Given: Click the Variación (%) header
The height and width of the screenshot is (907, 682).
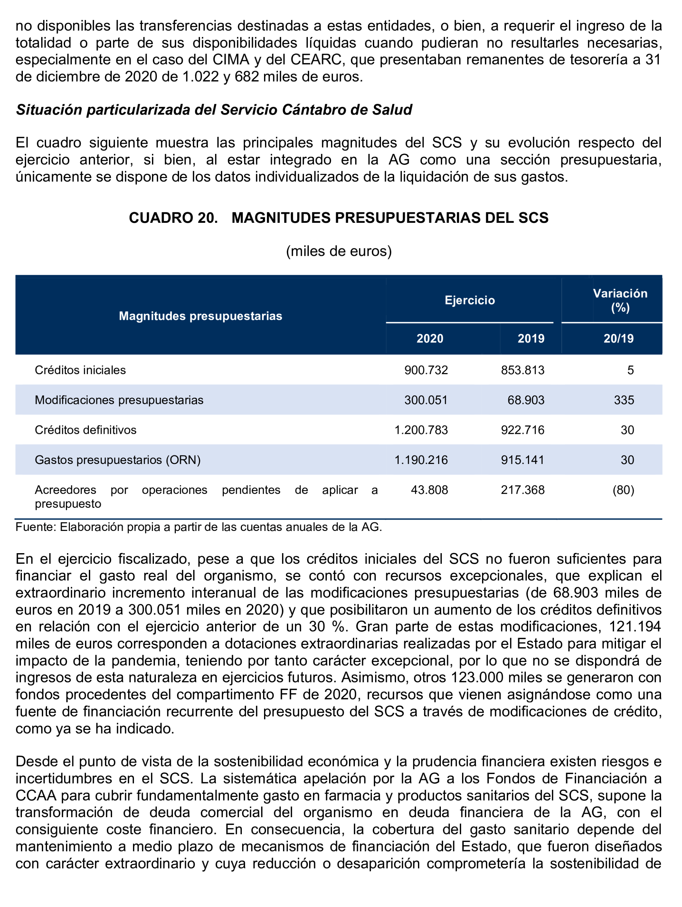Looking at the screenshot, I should click(x=620, y=300).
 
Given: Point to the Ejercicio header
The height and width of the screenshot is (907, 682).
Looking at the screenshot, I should click(x=470, y=300).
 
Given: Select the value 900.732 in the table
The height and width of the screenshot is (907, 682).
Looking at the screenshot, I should click(x=426, y=370).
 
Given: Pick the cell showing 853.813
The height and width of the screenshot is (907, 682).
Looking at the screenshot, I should click(x=523, y=370).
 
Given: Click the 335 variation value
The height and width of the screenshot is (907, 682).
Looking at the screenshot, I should click(x=624, y=400).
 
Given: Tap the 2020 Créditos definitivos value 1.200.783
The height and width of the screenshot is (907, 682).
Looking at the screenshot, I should click(x=421, y=430).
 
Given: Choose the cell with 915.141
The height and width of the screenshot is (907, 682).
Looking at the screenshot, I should click(x=523, y=460).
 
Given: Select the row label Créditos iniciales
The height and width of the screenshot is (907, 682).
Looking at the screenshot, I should click(x=80, y=370).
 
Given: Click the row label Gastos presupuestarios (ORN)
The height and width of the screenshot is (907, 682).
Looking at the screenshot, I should click(x=118, y=460).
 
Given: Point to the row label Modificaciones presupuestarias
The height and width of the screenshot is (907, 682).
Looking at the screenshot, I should click(x=119, y=400).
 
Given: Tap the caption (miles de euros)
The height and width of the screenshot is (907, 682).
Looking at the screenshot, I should click(x=339, y=251).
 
